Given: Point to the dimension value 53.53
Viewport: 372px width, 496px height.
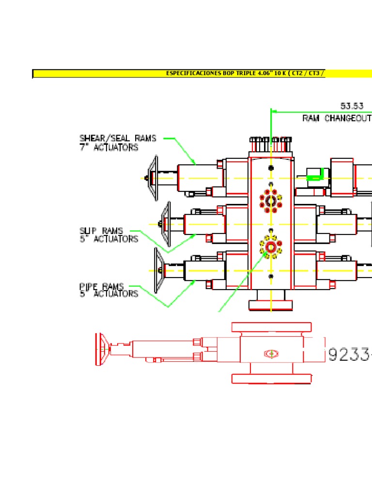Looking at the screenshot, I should [x=352, y=106].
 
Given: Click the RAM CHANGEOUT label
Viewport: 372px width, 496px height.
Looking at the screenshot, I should [x=337, y=118].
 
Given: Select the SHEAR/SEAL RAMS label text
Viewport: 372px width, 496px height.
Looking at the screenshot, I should [x=118, y=138].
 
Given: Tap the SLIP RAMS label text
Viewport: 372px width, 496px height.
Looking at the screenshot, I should [x=101, y=231].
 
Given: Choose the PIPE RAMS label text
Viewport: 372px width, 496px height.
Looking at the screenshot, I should [x=102, y=286].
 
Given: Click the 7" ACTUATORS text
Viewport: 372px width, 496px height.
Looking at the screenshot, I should [x=109, y=147].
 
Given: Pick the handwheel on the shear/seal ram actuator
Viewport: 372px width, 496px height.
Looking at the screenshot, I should [x=153, y=178].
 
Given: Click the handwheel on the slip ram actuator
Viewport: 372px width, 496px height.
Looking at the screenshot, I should [x=166, y=224].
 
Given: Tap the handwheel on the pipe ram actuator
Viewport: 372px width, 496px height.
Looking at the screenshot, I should [x=158, y=270].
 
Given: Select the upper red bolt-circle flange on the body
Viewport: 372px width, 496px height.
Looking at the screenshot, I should [x=270, y=201].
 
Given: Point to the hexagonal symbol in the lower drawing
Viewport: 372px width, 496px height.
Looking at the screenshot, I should [x=270, y=354].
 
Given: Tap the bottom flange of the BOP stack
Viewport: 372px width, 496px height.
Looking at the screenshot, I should [x=270, y=305].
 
